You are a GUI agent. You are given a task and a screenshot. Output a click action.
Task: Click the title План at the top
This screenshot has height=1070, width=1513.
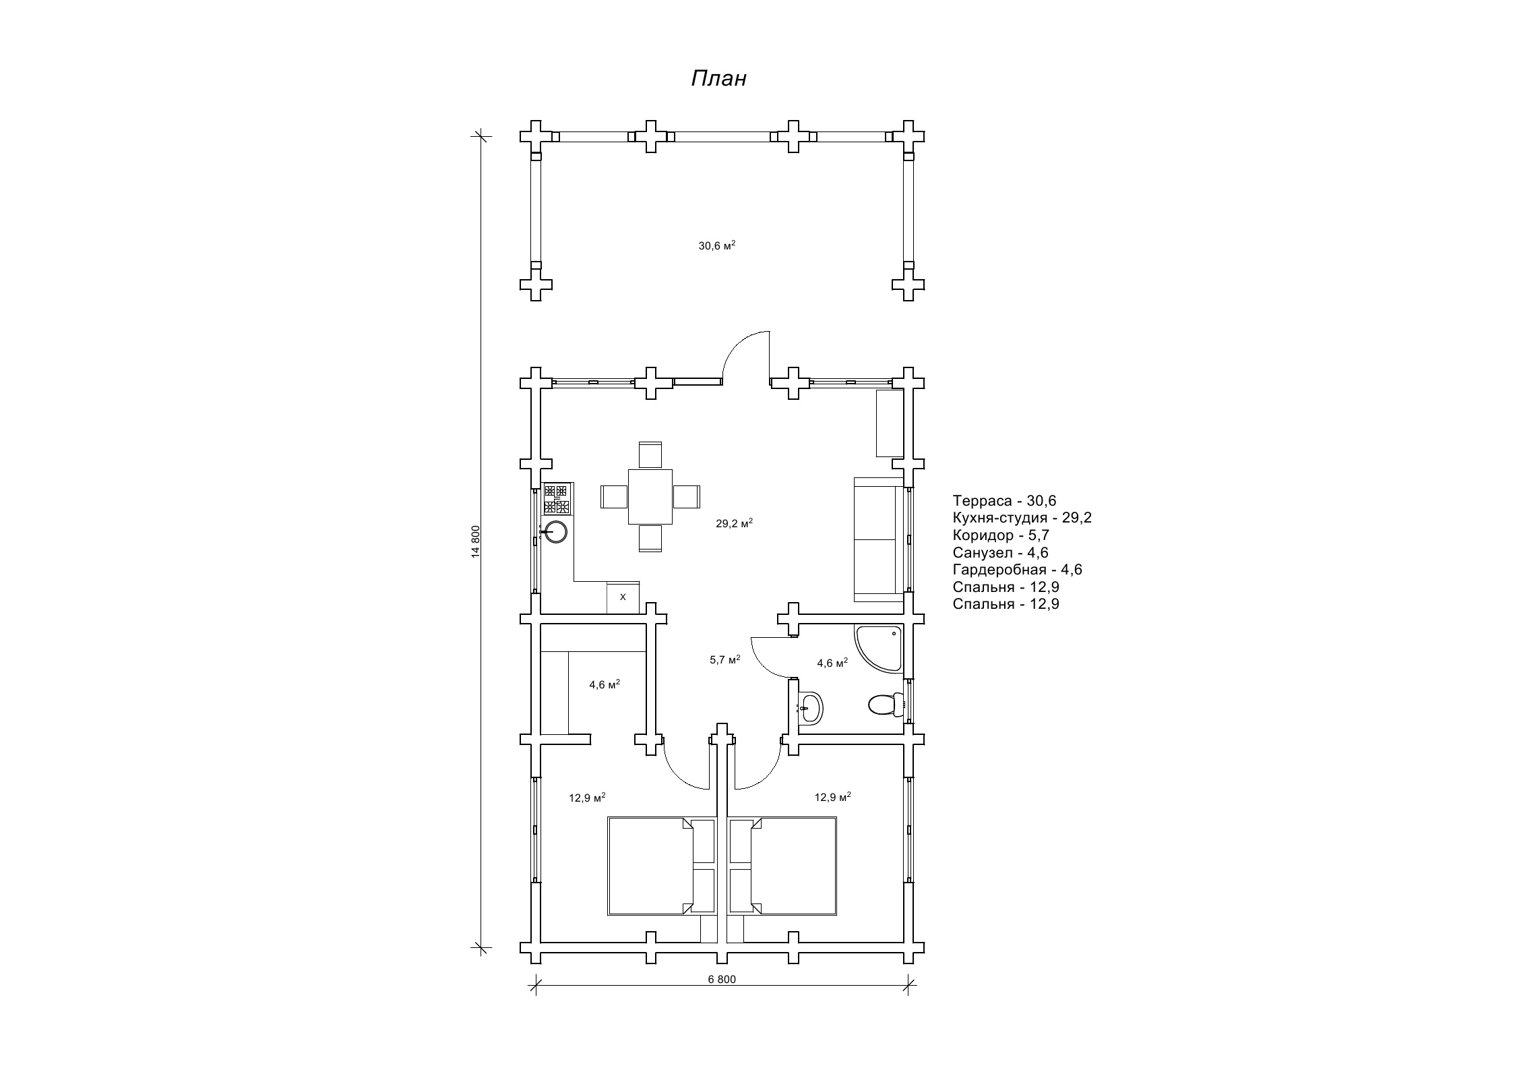[x=718, y=79]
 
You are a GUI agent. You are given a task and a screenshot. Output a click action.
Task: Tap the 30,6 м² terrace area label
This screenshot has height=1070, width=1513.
[x=716, y=245]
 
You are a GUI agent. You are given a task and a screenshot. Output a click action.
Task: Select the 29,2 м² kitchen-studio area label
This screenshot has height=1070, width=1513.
[x=734, y=523]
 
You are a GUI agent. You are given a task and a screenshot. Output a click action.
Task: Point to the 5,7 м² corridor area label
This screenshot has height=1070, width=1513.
[x=725, y=659]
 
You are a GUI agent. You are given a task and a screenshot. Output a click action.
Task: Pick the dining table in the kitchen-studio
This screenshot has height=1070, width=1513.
[x=650, y=497]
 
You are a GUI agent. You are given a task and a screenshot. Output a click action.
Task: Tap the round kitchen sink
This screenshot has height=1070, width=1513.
[x=555, y=532]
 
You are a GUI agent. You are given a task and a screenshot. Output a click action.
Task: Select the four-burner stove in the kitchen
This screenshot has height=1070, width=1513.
[x=557, y=500]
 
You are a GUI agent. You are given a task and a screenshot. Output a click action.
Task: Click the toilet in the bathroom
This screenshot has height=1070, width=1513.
[x=886, y=705]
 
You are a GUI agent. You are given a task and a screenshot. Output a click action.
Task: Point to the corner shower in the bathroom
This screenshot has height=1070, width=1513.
[x=878, y=648]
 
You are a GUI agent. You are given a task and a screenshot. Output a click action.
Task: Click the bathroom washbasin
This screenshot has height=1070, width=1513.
[x=810, y=707]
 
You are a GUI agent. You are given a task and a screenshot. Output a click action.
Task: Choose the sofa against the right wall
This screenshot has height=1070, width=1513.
[x=878, y=539]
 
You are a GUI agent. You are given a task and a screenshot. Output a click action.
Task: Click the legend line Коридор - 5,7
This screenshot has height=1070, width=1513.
[x=1001, y=535]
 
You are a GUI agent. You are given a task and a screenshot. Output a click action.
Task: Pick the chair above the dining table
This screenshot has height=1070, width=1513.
[x=650, y=455]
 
